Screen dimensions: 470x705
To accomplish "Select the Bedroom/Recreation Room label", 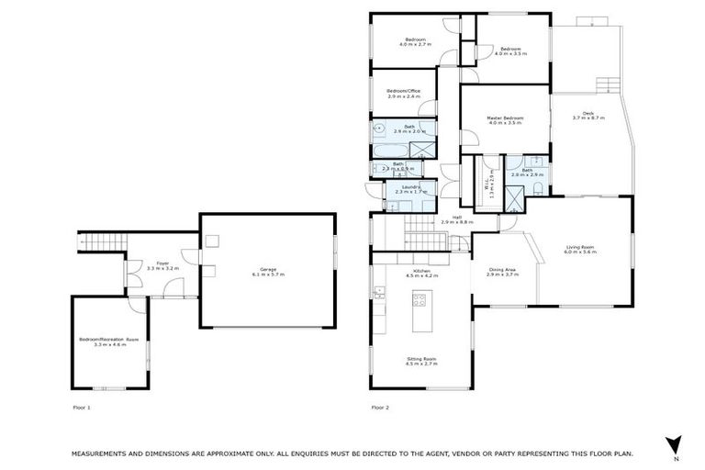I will (109, 341).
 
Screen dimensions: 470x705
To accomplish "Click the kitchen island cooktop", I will (422, 298).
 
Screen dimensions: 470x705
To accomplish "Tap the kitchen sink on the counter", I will (378, 294).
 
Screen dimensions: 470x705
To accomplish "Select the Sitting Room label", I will (421, 360).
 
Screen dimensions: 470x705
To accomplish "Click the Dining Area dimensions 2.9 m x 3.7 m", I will (503, 274).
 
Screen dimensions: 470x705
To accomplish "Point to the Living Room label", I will (581, 247).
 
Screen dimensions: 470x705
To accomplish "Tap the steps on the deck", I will (606, 86).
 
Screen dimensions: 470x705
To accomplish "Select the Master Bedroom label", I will (505, 118).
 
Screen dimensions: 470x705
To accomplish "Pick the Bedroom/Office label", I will (404, 91).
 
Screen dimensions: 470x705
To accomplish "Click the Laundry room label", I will (409, 187).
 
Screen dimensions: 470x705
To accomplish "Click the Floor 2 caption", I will (380, 406).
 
